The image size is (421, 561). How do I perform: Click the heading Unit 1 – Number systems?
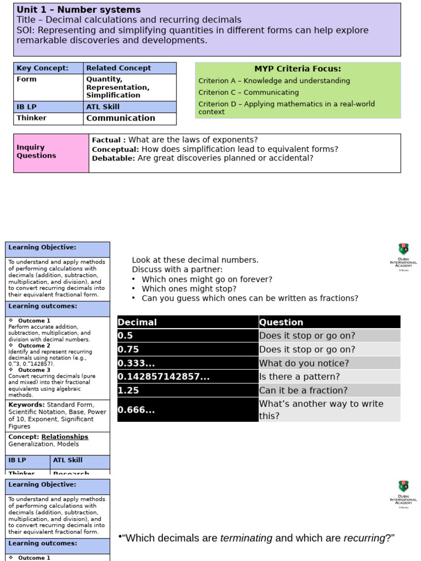(x=78, y=10)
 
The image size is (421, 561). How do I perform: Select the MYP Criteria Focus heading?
(x=298, y=69)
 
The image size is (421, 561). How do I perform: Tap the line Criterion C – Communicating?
(x=248, y=93)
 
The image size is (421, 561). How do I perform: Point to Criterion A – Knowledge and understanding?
(x=274, y=81)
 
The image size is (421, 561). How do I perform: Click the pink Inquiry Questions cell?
(x=51, y=152)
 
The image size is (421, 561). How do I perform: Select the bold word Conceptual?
(x=115, y=149)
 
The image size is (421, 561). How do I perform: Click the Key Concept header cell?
(x=48, y=68)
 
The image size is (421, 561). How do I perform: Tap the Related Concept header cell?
(x=129, y=68)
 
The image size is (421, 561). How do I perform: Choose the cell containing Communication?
(x=121, y=118)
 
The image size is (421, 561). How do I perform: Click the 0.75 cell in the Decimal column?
(x=187, y=350)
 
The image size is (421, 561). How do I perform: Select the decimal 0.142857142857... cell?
(x=187, y=377)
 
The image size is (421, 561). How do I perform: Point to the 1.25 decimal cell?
(x=187, y=391)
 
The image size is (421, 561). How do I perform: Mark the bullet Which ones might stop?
(x=189, y=289)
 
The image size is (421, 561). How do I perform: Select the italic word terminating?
(x=246, y=538)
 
